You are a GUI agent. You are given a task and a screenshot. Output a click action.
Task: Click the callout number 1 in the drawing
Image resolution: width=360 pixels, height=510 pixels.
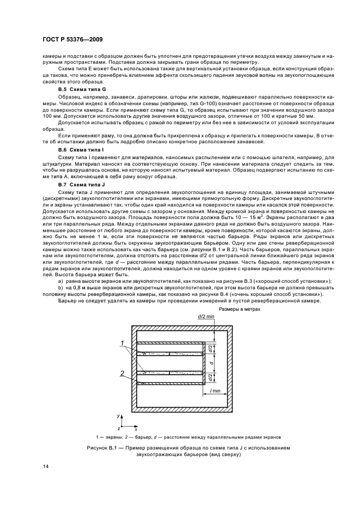pos(123,344)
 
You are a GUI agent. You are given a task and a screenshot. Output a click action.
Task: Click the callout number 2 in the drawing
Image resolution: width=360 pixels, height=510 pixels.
pos(123,373)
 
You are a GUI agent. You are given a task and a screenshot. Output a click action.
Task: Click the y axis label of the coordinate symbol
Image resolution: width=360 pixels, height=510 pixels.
pos(119,415)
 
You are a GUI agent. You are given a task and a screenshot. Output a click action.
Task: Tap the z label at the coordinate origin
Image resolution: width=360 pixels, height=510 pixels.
pos(118,429)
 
